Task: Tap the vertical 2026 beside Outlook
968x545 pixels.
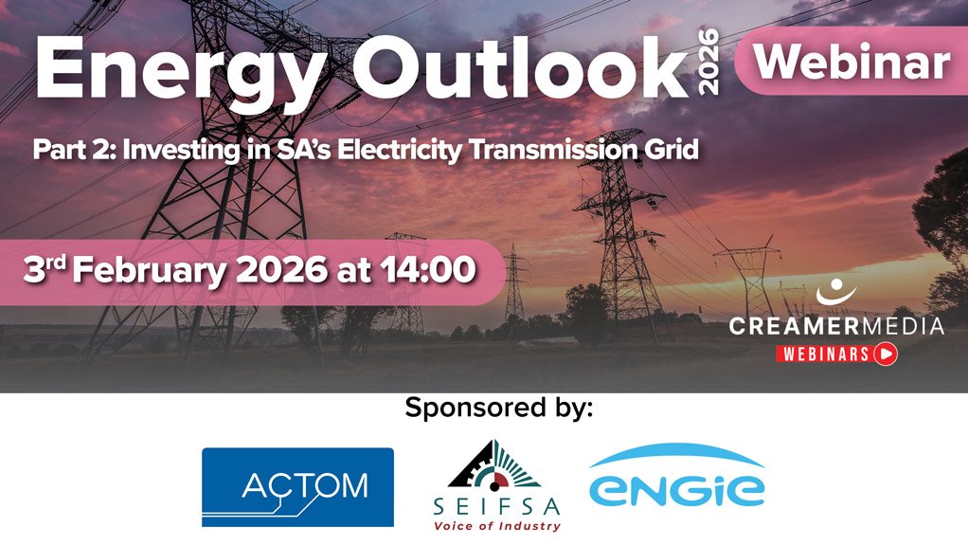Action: click(x=708, y=62)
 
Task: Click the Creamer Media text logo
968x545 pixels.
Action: click(x=836, y=327)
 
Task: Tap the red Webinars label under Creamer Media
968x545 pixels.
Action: click(x=824, y=354)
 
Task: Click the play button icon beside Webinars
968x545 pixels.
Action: click(x=886, y=354)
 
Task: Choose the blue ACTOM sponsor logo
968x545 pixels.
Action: click(x=297, y=487)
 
